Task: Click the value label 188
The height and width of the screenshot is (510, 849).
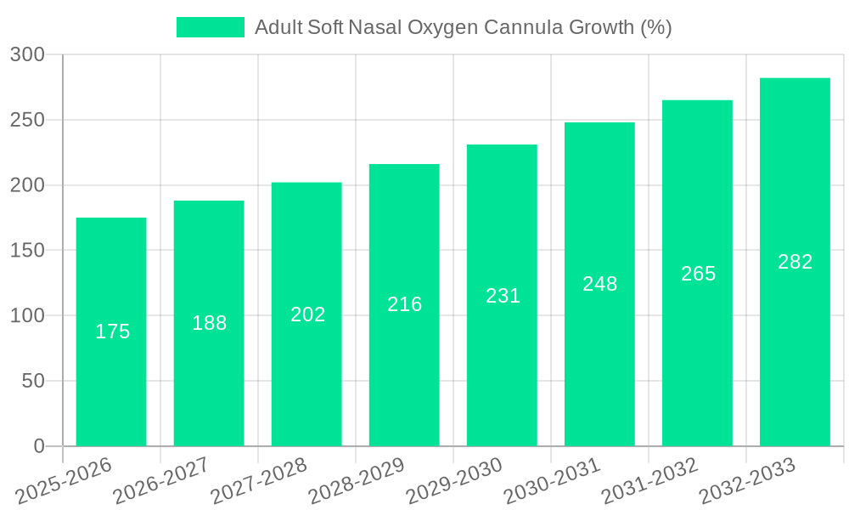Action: [209, 323]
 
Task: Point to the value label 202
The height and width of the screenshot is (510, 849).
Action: [307, 314]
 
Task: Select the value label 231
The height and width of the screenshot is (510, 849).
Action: [503, 296]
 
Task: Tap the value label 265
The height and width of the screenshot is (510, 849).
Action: [698, 274]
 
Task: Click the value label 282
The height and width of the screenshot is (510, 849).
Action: [795, 262]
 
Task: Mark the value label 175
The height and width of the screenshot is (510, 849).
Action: [112, 331]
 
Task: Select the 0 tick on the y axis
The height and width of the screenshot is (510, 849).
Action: [39, 446]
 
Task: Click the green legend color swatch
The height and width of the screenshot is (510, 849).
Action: [210, 27]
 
